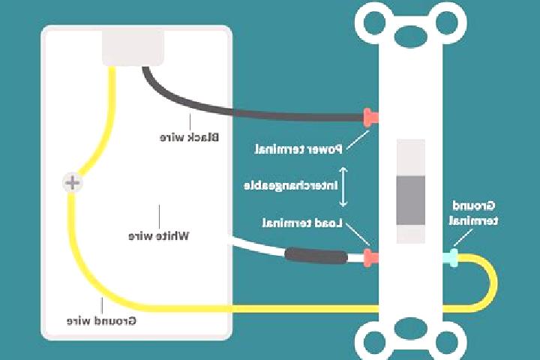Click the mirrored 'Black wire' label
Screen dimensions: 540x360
pyautogui.click(x=189, y=137)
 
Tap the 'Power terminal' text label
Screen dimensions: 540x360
pyautogui.click(x=298, y=149)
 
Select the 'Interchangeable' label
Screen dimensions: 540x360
pyautogui.click(x=291, y=186)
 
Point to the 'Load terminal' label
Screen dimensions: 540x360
pyautogui.click(x=302, y=223)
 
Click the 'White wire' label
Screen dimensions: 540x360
pyautogui.click(x=159, y=236)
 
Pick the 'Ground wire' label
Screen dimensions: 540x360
pyautogui.click(x=101, y=321)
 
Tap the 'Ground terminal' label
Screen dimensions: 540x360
pyautogui.click(x=473, y=213)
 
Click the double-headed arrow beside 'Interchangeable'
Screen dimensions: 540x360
pyautogui.click(x=343, y=187)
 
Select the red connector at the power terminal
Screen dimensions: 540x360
pyautogui.click(x=371, y=118)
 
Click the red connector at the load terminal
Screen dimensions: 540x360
pyautogui.click(x=371, y=257)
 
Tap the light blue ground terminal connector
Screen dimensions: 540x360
pyautogui.click(x=451, y=257)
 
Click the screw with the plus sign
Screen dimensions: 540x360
pyautogui.click(x=72, y=182)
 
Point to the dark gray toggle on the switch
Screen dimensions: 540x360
pyautogui.click(x=410, y=200)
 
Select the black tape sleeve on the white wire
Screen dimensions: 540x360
pyautogui.click(x=316, y=255)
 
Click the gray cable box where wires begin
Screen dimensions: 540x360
pyautogui.click(x=133, y=47)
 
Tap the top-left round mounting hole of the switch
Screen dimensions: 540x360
pyautogui.click(x=375, y=22)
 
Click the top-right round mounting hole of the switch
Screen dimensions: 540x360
pyautogui.click(x=447, y=22)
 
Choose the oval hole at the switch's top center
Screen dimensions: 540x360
pyautogui.click(x=411, y=35)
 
